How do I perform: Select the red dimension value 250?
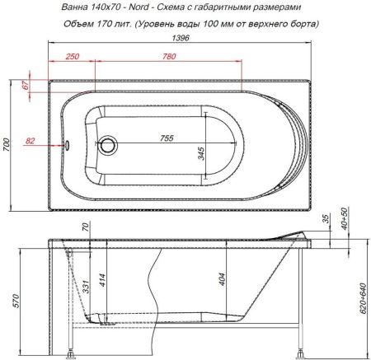(72, 56)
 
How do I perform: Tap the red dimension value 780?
(169, 56)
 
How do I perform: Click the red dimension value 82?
(31, 142)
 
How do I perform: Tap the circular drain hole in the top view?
(107, 147)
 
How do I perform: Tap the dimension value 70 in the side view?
(85, 227)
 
